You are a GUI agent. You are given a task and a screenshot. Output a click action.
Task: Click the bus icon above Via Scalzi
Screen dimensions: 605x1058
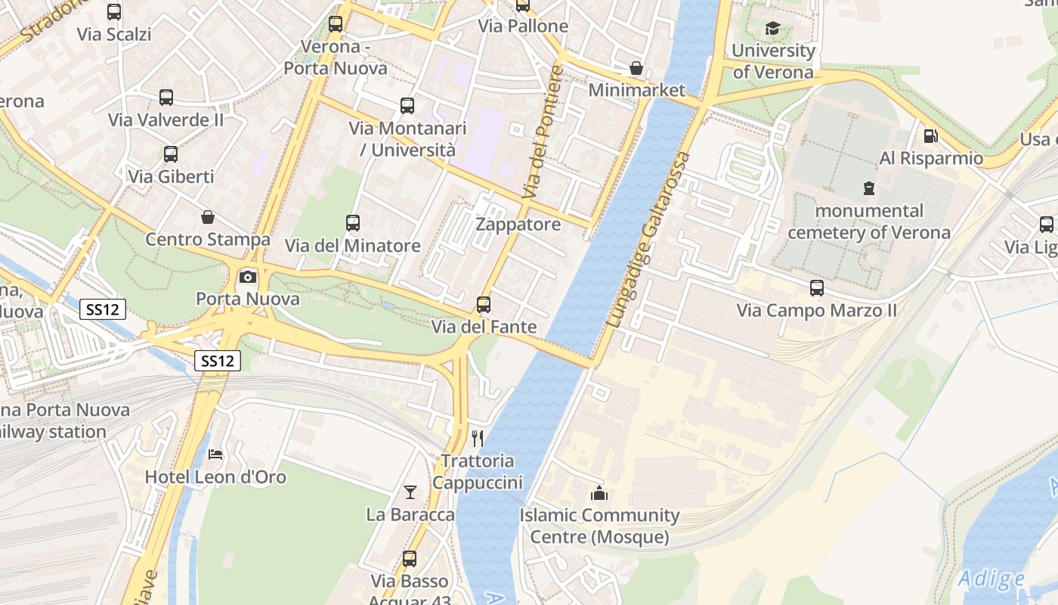point(114,12)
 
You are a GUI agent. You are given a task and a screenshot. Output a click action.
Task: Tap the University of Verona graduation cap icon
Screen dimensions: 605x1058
point(772,29)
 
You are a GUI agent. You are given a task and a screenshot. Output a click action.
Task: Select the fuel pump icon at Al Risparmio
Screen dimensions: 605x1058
point(930,136)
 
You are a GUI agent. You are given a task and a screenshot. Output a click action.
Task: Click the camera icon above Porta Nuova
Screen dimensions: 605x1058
point(248,277)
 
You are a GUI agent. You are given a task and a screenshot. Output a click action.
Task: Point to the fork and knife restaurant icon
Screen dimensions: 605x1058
point(477,439)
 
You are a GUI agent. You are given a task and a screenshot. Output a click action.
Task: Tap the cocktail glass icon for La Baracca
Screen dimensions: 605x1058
point(410,492)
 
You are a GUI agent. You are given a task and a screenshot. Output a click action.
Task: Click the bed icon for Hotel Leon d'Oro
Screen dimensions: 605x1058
point(215,455)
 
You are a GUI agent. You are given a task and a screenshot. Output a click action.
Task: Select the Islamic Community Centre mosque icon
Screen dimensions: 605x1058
point(599,494)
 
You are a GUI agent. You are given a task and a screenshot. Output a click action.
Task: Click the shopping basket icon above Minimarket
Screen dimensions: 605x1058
point(636,68)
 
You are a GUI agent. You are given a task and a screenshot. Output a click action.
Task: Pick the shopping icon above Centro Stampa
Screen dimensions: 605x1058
point(208,218)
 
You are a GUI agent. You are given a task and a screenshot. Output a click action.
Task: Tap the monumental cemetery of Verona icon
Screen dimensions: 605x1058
point(869,188)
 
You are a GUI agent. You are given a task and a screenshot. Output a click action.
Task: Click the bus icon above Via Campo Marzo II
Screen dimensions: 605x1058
point(817,288)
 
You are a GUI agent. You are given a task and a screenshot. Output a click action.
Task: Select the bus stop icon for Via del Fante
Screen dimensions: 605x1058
point(484,305)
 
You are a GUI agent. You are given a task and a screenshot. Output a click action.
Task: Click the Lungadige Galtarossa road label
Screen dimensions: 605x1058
point(648,240)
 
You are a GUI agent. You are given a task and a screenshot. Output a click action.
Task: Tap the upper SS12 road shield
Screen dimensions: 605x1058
point(101,309)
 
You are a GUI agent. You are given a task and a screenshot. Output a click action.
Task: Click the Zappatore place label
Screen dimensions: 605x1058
point(518,225)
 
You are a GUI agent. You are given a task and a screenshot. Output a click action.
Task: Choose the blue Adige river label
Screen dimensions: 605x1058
point(991,579)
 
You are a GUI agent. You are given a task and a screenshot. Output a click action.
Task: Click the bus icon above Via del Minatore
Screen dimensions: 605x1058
point(353,223)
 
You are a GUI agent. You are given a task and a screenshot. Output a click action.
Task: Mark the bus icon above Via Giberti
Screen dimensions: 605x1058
point(171,154)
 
